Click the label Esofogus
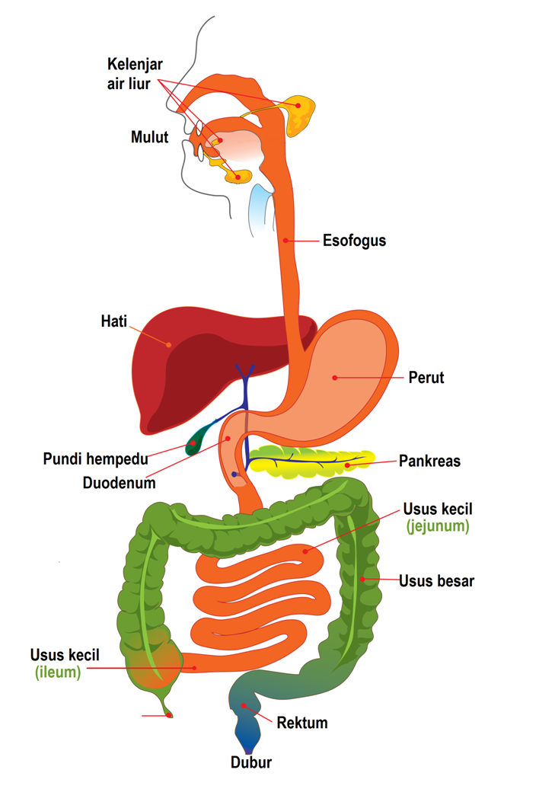tap(354, 241)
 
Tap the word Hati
tap(113, 321)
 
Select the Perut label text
tap(426, 377)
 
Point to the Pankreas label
tap(429, 461)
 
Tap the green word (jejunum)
tap(437, 525)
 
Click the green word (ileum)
tap(58, 672)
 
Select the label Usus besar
tap(436, 581)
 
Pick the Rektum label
tap(302, 722)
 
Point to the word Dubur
tap(251, 762)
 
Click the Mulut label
tap(149, 137)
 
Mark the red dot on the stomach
tap(333, 376)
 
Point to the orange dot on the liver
tap(169, 344)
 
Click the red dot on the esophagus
tap(285, 241)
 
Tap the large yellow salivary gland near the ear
tap(301, 113)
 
